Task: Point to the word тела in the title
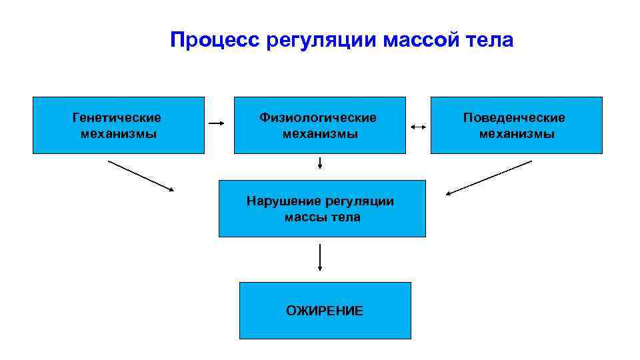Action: pyautogui.click(x=490, y=41)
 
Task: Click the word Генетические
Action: pyautogui.click(x=117, y=118)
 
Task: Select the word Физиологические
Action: pyautogui.click(x=318, y=118)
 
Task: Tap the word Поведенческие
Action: pyautogui.click(x=514, y=118)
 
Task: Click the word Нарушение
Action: pyautogui.click(x=283, y=201)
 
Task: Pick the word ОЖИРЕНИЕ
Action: pyautogui.click(x=325, y=311)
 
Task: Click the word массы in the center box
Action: pyautogui.click(x=305, y=217)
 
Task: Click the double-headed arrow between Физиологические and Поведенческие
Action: pyautogui.click(x=419, y=126)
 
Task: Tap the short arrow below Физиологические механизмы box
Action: pyautogui.click(x=320, y=162)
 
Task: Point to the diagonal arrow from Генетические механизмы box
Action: pyautogui.click(x=141, y=176)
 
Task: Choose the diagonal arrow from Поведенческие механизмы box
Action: pyautogui.click(x=489, y=178)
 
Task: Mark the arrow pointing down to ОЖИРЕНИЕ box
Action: pyautogui.click(x=320, y=257)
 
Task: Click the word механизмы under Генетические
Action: pyautogui.click(x=119, y=134)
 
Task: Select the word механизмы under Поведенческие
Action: pyautogui.click(x=517, y=134)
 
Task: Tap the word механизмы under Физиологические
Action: pyautogui.click(x=320, y=134)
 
